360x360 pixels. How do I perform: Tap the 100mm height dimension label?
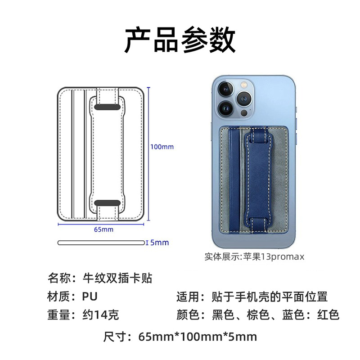pos(162,147)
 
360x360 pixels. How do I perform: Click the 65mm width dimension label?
pos(103,229)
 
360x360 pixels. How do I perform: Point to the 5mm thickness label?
pos(159,243)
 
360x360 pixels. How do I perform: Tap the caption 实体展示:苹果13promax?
pos(255,256)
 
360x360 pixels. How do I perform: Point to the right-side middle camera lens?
pos(244,98)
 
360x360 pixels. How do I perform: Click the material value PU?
pos(90,297)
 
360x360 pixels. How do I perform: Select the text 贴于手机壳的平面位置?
pos(270,297)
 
